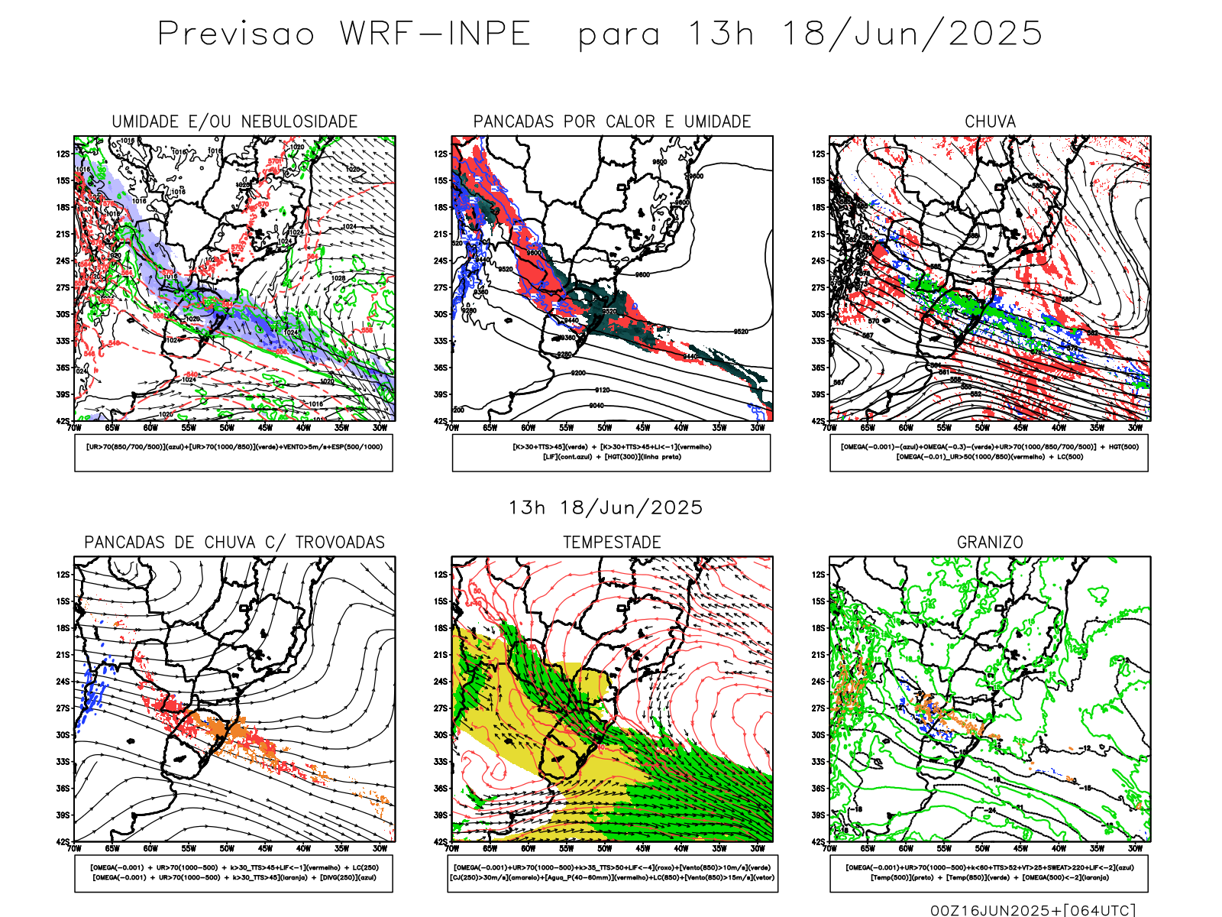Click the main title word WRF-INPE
(435, 34)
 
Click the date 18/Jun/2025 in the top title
(912, 34)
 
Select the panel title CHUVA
(990, 122)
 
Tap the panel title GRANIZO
(990, 543)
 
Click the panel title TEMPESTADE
(612, 543)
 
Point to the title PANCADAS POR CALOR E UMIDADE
(612, 122)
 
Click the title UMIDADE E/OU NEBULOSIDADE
(234, 122)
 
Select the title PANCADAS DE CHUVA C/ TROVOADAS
(234, 543)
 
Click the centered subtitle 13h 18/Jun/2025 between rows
(606, 507)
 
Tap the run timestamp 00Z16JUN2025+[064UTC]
(1033, 910)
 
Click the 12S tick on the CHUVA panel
(819, 154)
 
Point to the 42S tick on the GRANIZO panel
(819, 841)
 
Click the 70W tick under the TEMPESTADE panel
(452, 848)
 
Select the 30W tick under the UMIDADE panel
(380, 428)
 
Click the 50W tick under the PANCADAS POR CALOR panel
(605, 428)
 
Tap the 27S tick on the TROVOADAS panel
(63, 708)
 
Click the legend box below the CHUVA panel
(989, 452)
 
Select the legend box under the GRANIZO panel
(989, 873)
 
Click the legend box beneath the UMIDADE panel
(234, 452)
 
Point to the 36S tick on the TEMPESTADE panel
(441, 789)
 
